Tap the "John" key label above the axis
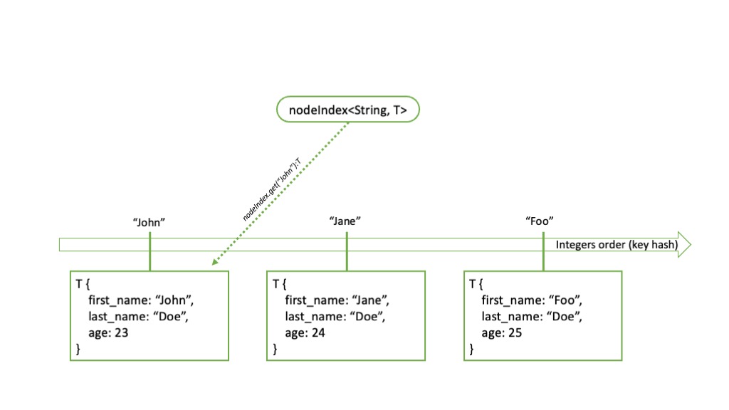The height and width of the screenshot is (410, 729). click(x=149, y=222)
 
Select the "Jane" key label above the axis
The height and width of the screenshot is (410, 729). click(x=345, y=221)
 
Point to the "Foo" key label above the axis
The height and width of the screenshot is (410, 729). click(x=540, y=221)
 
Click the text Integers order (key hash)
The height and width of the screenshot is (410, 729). click(x=617, y=245)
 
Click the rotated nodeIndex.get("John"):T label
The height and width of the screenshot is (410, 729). click(x=272, y=189)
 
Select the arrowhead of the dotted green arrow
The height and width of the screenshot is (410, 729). click(x=216, y=262)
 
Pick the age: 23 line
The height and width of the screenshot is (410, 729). click(x=108, y=333)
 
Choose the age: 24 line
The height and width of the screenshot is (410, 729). click(x=305, y=333)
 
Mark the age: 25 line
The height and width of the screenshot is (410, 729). click(x=502, y=333)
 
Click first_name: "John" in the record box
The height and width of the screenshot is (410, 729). click(x=141, y=300)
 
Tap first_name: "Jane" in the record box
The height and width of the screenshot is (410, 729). click(x=337, y=300)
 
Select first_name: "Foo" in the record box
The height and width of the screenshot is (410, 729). click(x=532, y=300)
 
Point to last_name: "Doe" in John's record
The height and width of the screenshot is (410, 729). click(x=139, y=317)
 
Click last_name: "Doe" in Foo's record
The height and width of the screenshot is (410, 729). click(x=532, y=317)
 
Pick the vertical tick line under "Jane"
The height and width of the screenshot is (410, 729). click(x=347, y=251)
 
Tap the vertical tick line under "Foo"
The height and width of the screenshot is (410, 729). click(x=543, y=251)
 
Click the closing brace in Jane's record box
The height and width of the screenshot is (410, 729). click(x=275, y=349)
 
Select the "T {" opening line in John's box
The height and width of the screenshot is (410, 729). click(x=83, y=283)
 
